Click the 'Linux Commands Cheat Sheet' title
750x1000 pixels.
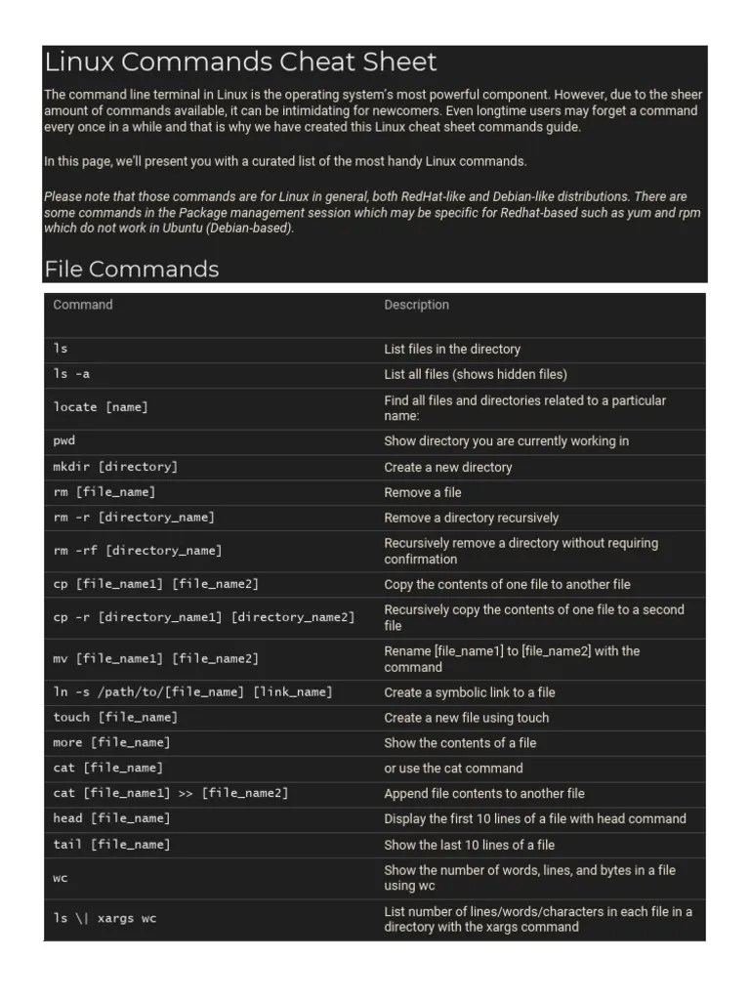(240, 62)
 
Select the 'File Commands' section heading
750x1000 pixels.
(131, 269)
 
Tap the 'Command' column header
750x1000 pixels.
(83, 305)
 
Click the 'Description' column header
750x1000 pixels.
(416, 305)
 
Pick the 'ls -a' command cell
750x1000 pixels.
(71, 374)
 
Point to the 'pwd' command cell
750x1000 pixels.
(64, 440)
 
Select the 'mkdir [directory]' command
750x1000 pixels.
(115, 467)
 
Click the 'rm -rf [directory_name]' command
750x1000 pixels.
(138, 551)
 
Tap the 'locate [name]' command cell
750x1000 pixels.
(101, 407)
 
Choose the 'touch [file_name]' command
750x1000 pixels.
(115, 717)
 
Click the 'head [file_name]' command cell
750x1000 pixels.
(111, 818)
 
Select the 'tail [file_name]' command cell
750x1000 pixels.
(111, 844)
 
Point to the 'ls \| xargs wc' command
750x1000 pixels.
(104, 918)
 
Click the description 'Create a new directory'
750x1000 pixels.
(447, 467)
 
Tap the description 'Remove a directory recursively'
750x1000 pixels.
(471, 518)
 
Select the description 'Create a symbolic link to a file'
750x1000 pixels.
(469, 692)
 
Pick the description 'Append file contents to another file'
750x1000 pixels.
(484, 793)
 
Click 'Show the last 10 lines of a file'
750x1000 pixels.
(469, 845)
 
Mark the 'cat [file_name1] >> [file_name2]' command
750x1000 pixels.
(171, 793)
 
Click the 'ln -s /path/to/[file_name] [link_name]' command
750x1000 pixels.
(192, 692)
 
